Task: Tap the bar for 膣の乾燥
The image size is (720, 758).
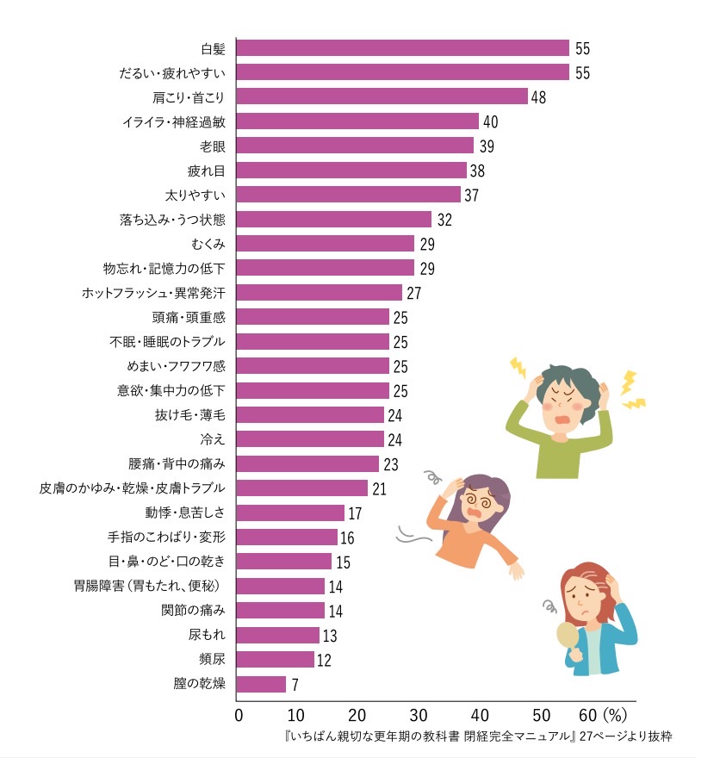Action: click(261, 685)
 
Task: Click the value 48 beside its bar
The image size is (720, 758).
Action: click(539, 96)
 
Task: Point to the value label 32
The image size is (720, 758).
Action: click(444, 220)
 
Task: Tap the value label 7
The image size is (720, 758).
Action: click(296, 685)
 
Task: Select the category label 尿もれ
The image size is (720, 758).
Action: click(207, 636)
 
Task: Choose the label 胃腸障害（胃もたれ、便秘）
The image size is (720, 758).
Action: click(150, 587)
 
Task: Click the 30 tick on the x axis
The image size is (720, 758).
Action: click(419, 715)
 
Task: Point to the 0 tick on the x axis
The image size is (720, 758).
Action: click(239, 715)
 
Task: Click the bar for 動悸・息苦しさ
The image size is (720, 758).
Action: click(290, 513)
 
